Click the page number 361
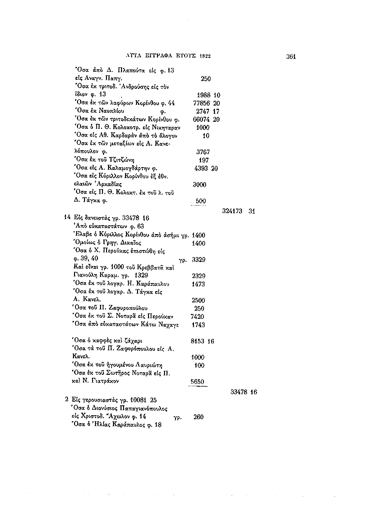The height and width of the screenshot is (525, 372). coord(291,56)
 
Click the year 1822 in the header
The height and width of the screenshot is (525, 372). coord(205,56)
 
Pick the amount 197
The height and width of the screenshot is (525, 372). coord(203,160)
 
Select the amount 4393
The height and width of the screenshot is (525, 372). coord(201,168)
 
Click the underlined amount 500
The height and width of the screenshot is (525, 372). coord(200,201)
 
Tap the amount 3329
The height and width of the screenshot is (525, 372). coord(199,260)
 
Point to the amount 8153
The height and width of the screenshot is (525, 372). coord(199,341)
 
